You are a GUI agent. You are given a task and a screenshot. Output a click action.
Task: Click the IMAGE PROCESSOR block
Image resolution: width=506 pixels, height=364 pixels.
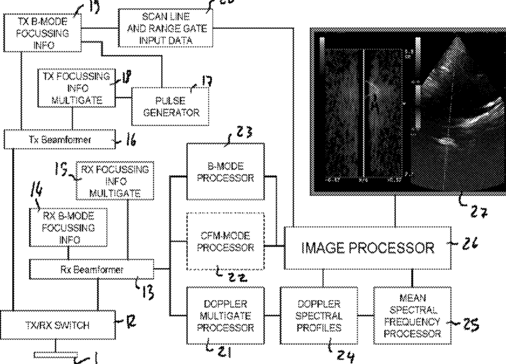click(368, 248)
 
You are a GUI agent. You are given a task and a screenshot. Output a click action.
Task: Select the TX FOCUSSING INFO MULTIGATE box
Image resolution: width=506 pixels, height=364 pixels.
click(76, 88)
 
